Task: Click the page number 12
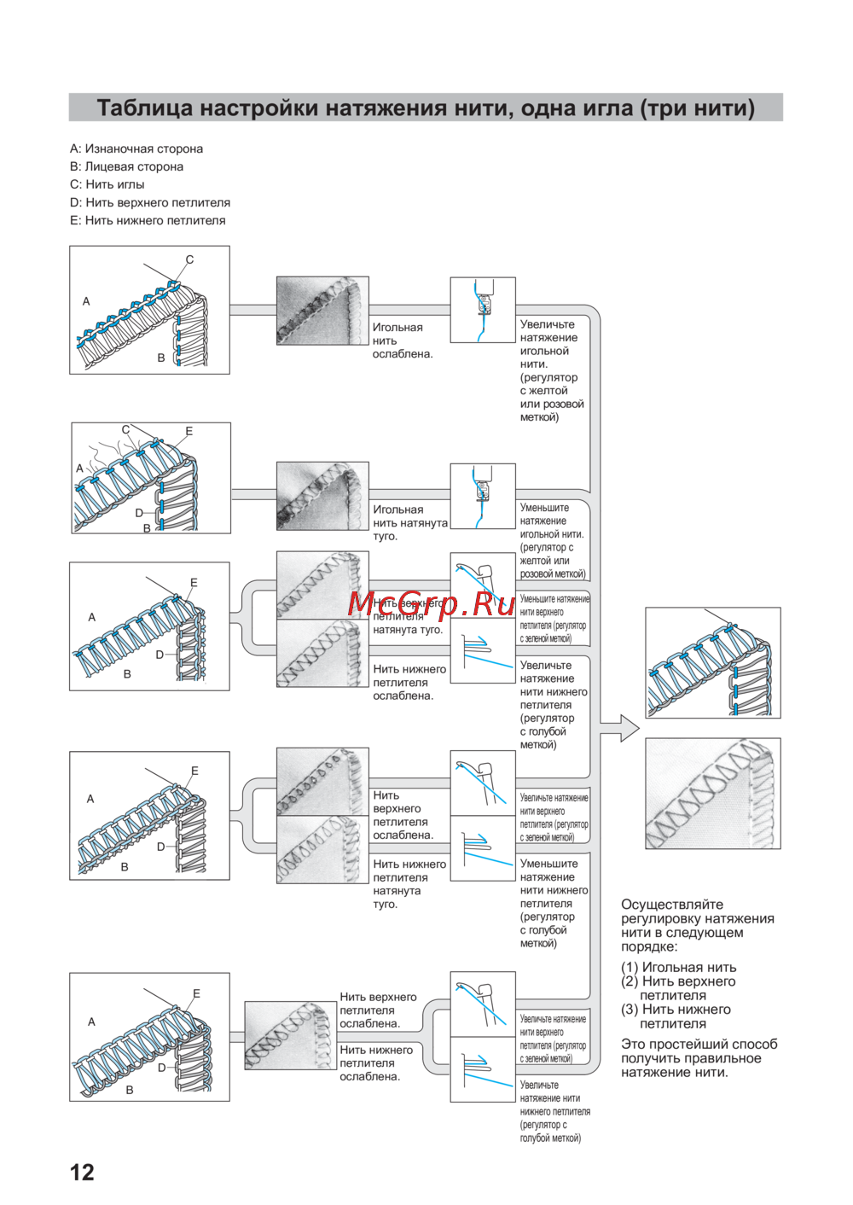(x=82, y=1172)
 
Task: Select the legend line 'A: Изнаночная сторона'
(x=136, y=148)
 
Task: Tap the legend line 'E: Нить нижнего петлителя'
(x=148, y=220)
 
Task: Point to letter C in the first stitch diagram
(x=189, y=259)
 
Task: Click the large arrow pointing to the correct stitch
(x=620, y=728)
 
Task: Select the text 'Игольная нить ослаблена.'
(x=402, y=341)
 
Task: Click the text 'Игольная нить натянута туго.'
(x=409, y=522)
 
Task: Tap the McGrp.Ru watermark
(x=432, y=603)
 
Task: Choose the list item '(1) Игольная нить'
(x=678, y=967)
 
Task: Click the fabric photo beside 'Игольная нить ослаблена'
(x=322, y=311)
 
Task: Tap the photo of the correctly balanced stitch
(x=712, y=794)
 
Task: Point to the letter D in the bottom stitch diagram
(x=161, y=1068)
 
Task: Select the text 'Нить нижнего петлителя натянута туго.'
(x=409, y=884)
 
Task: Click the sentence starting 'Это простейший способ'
(x=699, y=1058)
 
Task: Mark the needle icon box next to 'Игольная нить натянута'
(x=483, y=496)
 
